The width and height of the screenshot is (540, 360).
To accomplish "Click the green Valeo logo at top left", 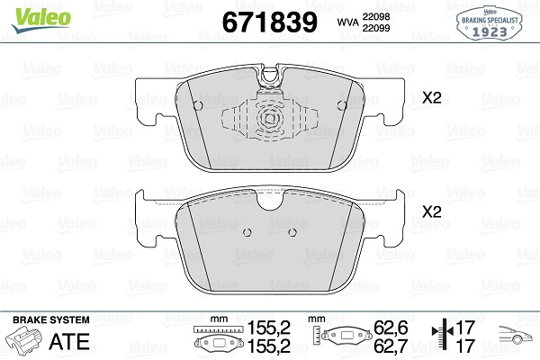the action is (x=41, y=20).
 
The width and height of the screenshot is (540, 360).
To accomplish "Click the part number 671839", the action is (x=270, y=22).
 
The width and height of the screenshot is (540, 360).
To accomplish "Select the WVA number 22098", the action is (x=376, y=16).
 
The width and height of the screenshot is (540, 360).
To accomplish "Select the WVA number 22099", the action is (x=376, y=28).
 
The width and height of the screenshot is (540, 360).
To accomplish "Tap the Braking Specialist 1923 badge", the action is (x=490, y=23).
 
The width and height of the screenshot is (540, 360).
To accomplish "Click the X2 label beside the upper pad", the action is (x=432, y=98).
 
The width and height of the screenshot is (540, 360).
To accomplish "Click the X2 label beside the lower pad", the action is (x=432, y=211).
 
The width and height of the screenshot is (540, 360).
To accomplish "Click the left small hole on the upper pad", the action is (x=198, y=105).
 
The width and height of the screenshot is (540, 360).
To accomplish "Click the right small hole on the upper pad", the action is (x=342, y=105).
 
